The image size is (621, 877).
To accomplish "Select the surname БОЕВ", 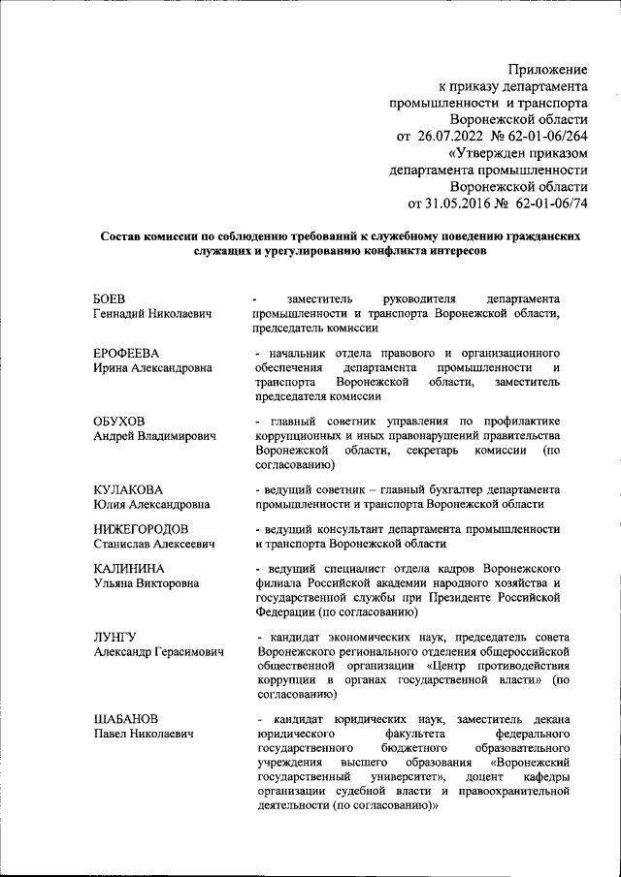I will pyautogui.click(x=110, y=298).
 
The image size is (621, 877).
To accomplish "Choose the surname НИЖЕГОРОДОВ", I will pyautogui.click(x=141, y=529).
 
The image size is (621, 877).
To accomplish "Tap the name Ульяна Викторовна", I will pyautogui.click(x=147, y=584).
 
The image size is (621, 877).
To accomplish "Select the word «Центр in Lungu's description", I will pyautogui.click(x=449, y=668).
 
